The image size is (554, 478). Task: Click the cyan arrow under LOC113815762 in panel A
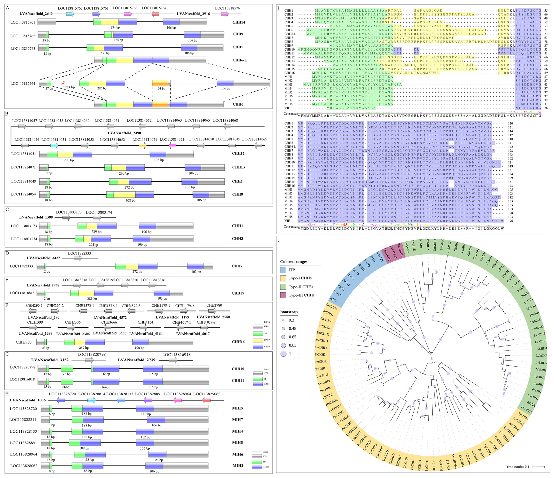coord(70,14)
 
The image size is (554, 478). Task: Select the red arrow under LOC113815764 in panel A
coord(155,14)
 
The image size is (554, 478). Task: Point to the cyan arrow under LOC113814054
coord(54,146)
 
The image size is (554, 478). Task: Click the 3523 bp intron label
coord(69,87)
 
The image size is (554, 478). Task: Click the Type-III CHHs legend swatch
coord(283,295)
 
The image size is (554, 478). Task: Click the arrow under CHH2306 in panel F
coord(73,327)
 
